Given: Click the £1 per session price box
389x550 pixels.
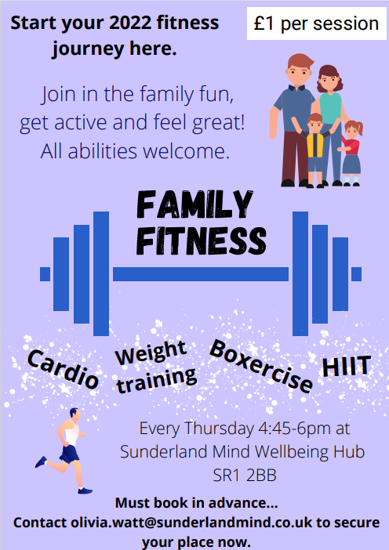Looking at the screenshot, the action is point(316,24).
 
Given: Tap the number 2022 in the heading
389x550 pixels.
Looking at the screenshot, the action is point(130,24).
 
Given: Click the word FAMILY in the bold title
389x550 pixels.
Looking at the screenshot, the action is point(194,204).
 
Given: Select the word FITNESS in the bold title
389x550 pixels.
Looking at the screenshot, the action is point(202,241).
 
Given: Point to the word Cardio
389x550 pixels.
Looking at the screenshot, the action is point(64,370).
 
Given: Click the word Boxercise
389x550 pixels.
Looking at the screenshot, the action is point(261,366).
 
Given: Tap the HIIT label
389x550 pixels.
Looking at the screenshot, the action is point(346,366).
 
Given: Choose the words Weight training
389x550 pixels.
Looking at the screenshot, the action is point(155,367).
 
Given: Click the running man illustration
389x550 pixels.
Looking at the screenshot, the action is point(64,450).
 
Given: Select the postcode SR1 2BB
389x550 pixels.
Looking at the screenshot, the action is point(245,476).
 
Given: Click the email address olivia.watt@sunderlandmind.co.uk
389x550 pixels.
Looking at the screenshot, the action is point(191,523).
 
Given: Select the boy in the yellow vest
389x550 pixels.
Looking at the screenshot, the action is point(315,150).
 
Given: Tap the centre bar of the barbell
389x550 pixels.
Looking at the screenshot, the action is point(201,274).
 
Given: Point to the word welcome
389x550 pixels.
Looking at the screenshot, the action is point(186,151).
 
